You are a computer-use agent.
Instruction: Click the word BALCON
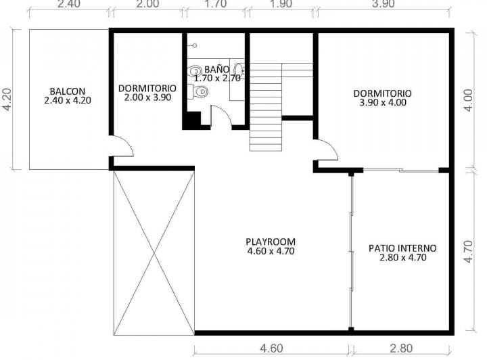click(x=67, y=91)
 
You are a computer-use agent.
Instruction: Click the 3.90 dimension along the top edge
click(x=384, y=4)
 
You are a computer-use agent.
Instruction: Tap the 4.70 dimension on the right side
click(x=478, y=249)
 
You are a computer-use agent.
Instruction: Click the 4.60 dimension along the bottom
click(x=271, y=349)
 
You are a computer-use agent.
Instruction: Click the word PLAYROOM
click(x=271, y=242)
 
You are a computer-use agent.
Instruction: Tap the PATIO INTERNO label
click(x=402, y=248)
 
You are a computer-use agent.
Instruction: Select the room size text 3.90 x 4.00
click(x=383, y=103)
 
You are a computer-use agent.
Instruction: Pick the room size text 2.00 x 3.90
click(x=147, y=97)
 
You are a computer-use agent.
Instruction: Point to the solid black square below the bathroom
click(x=192, y=120)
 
